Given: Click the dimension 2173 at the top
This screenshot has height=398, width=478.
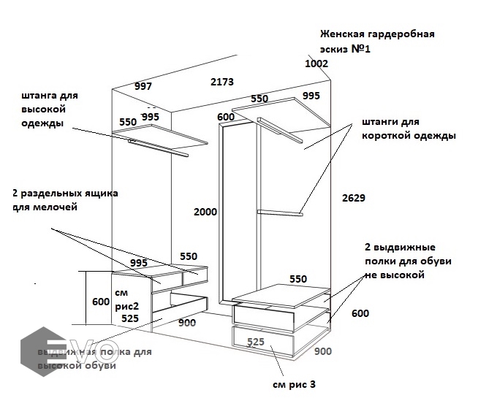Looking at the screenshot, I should [221, 83].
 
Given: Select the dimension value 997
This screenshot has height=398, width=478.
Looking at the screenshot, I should [143, 86].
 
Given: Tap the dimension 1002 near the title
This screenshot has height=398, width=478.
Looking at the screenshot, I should [316, 64].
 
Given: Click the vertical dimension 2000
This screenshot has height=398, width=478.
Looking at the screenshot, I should [205, 212].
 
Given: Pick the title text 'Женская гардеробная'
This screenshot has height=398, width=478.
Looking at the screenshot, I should [377, 34].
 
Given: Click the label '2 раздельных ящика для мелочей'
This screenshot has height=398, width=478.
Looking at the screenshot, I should [65, 201].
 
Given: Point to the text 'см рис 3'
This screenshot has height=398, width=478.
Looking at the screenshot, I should [294, 385].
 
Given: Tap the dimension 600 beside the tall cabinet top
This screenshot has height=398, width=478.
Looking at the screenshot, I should [226, 117].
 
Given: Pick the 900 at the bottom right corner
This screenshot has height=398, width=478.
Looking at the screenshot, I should [322, 351].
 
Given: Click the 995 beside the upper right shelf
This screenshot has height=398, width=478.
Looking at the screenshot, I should [311, 96].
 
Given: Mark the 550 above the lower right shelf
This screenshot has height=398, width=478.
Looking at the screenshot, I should [297, 279].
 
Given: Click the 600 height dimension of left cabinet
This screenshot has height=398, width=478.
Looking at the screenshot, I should [101, 302].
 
